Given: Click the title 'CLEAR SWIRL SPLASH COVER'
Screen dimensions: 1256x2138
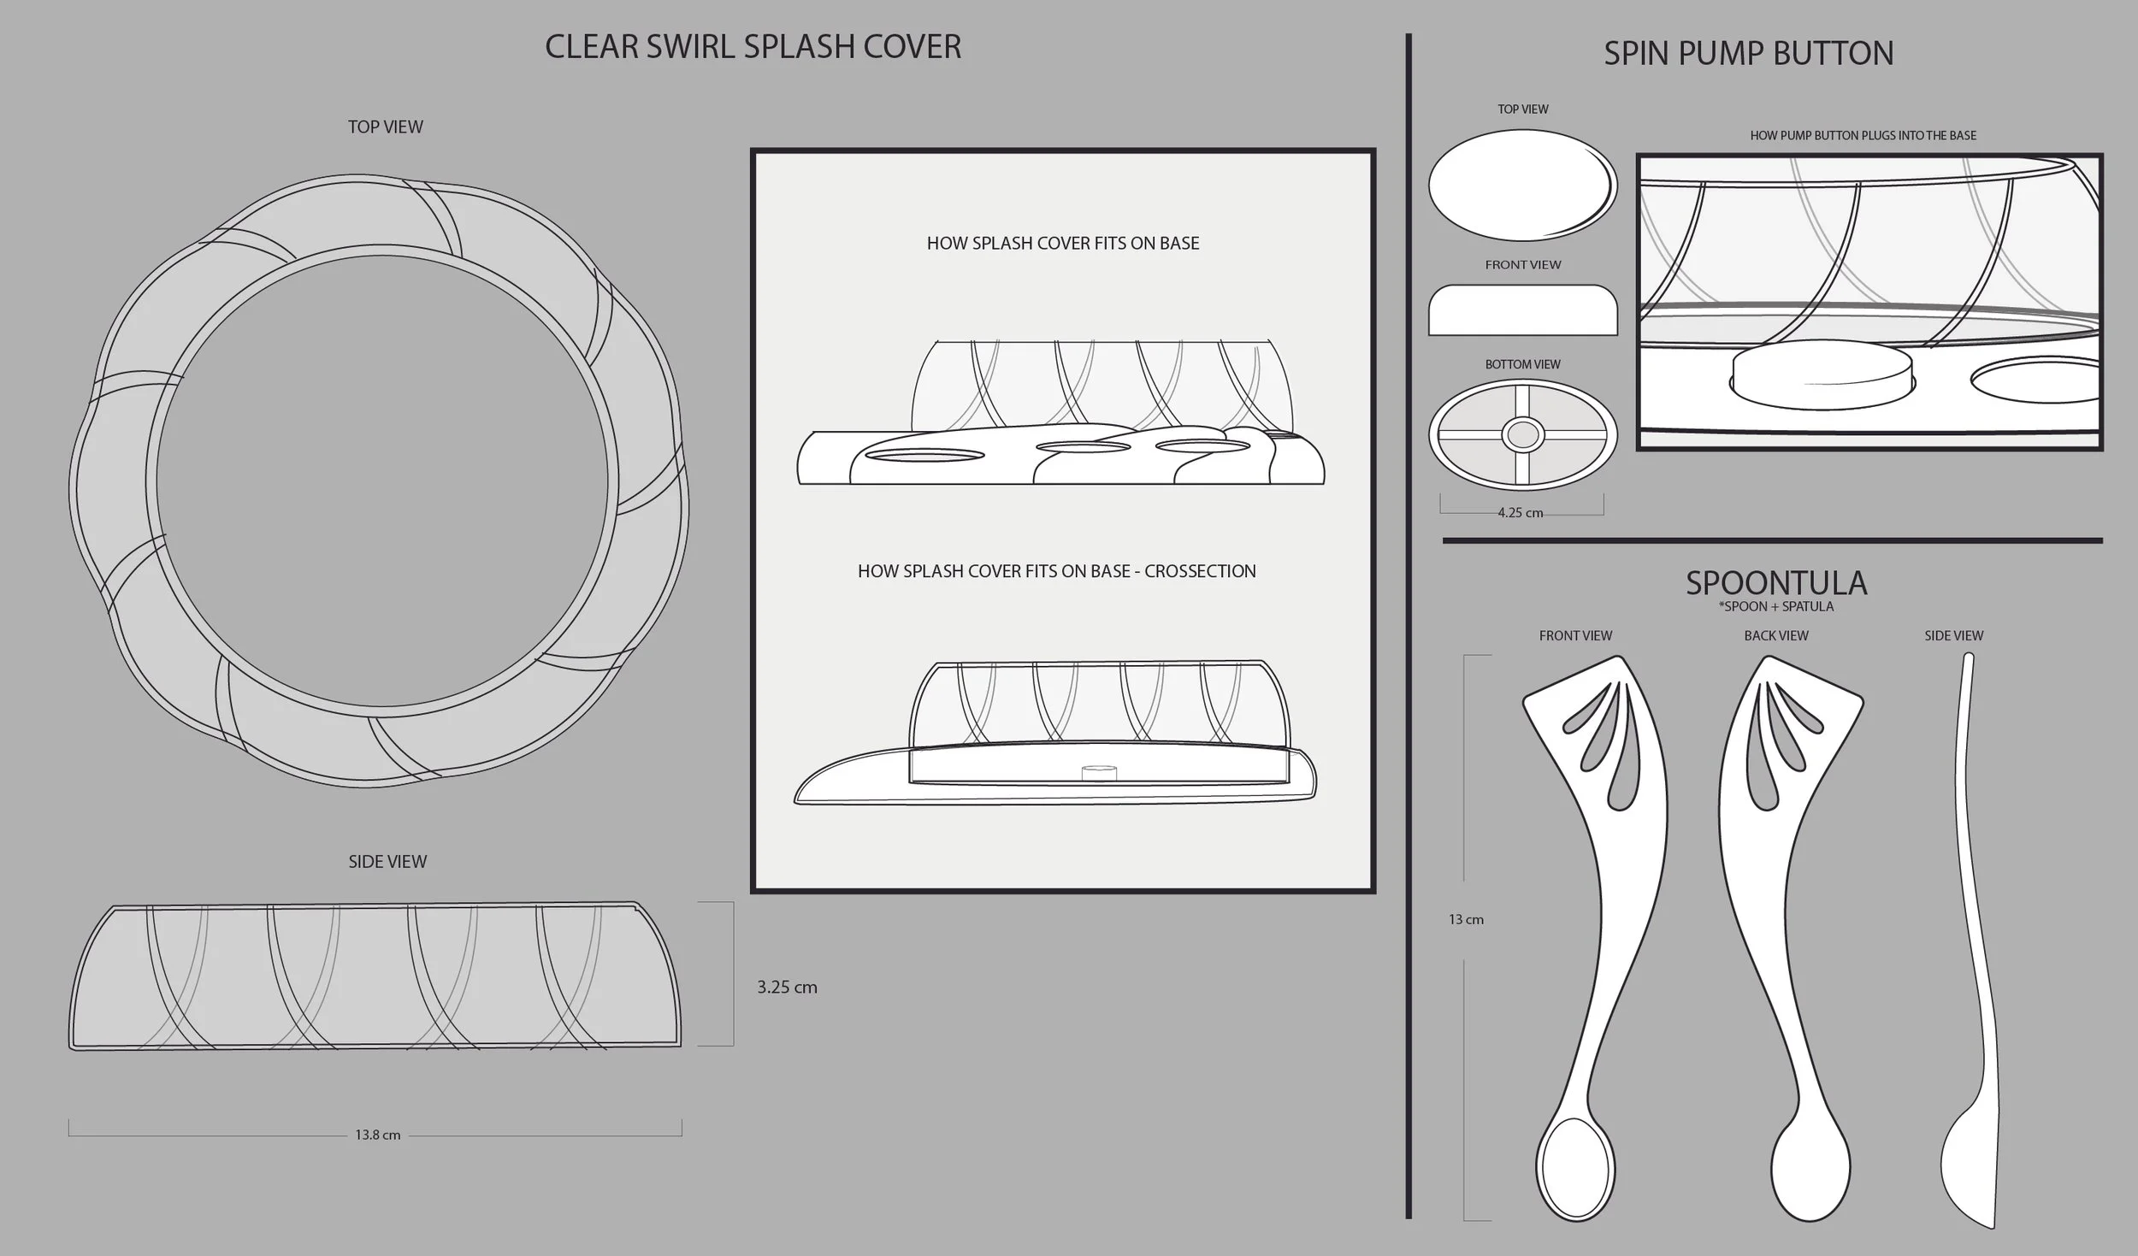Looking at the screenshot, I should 753,47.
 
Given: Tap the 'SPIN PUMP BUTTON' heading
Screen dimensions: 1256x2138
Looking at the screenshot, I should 1748,54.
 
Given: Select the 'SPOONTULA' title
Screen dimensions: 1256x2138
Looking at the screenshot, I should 1775,583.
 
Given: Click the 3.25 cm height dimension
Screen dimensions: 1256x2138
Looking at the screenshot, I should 787,987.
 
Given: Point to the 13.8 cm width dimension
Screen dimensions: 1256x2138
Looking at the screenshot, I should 377,1135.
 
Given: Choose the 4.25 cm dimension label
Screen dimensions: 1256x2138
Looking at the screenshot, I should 1520,513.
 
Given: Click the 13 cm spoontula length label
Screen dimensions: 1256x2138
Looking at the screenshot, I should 1466,920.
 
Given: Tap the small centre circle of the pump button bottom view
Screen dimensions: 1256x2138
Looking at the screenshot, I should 1522,435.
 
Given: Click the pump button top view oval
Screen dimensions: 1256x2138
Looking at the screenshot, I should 1522,185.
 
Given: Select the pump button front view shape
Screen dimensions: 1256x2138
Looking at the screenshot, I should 1522,310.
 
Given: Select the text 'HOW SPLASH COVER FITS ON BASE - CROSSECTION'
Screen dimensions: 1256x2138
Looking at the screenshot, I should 1056,571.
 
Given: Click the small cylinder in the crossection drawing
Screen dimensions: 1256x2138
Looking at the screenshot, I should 1099,772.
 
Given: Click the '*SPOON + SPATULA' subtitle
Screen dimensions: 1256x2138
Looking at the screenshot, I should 1775,607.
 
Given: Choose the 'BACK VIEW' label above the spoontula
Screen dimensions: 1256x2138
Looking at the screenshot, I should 1775,635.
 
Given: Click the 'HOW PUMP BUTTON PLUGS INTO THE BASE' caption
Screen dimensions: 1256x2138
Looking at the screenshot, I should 1863,135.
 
